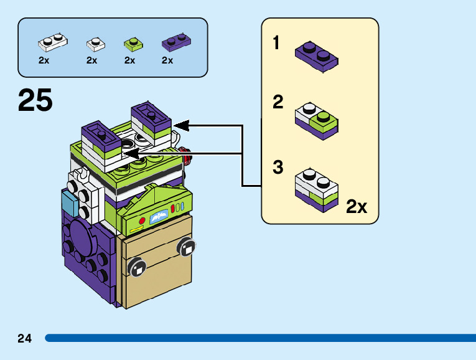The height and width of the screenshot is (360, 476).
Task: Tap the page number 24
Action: point(24,338)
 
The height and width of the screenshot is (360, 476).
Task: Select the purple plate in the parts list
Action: point(176,42)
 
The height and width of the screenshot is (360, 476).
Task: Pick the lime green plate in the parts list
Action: point(132,43)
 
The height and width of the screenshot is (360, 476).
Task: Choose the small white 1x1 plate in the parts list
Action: point(95,43)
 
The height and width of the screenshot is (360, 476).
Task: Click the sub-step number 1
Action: point(276,44)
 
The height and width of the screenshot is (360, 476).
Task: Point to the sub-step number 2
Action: point(278,102)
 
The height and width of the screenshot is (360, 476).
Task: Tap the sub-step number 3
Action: point(278,167)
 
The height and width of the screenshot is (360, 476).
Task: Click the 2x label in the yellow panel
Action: point(357,207)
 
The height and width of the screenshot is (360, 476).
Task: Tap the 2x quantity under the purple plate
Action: point(167,60)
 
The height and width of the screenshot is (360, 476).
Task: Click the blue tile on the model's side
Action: point(68,202)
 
